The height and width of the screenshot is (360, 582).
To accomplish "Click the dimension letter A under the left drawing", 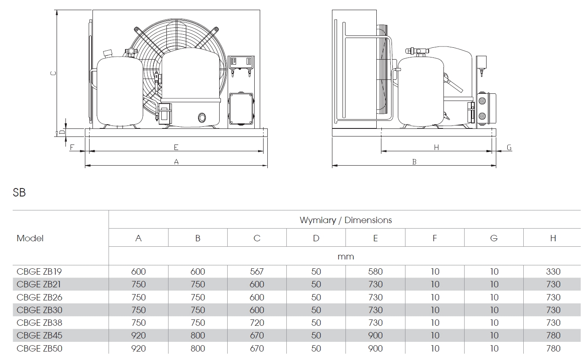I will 177,161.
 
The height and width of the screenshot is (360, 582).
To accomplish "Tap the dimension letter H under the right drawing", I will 436,147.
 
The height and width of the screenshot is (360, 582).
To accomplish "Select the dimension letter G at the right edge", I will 509,147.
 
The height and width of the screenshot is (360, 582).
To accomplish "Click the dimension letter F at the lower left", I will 72,147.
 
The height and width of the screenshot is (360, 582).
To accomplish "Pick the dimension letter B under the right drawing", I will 414,162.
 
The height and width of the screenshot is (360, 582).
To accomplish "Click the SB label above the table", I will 19,193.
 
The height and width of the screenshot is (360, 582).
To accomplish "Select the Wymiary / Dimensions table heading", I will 345,220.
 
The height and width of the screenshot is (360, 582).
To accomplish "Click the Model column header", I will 30,238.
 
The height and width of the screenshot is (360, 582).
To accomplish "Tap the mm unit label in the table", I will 345,256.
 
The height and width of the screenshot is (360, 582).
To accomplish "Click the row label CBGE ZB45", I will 40,335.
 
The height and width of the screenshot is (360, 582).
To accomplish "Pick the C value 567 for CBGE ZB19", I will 257,272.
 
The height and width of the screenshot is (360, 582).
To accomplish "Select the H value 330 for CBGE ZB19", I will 553,272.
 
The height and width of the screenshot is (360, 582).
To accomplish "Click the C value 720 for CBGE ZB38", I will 257,323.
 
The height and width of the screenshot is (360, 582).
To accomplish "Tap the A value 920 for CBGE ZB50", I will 139,349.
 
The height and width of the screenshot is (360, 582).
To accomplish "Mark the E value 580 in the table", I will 375,272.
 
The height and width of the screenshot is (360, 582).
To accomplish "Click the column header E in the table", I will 375,238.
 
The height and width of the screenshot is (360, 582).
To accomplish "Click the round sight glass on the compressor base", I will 202,117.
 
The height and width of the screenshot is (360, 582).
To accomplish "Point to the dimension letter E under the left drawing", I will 176,147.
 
